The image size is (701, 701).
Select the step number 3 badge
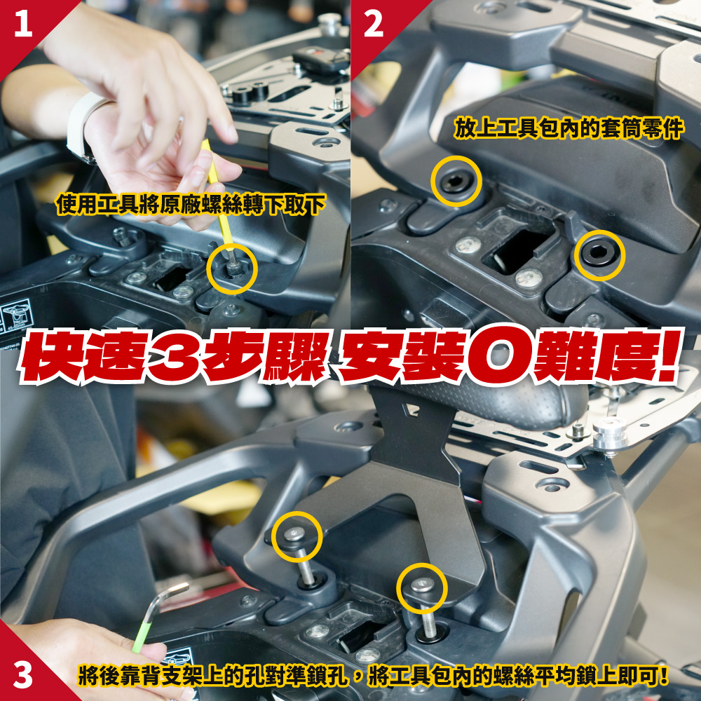[23, 674]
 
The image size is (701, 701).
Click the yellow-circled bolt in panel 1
[232, 268]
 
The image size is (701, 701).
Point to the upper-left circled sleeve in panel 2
[456, 181]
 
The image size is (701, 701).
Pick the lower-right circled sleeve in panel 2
[599, 255]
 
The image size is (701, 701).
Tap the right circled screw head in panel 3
[422, 585]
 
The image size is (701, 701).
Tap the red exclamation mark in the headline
[667, 355]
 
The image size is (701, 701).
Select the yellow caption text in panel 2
[569, 128]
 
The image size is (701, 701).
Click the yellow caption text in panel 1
[191, 204]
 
